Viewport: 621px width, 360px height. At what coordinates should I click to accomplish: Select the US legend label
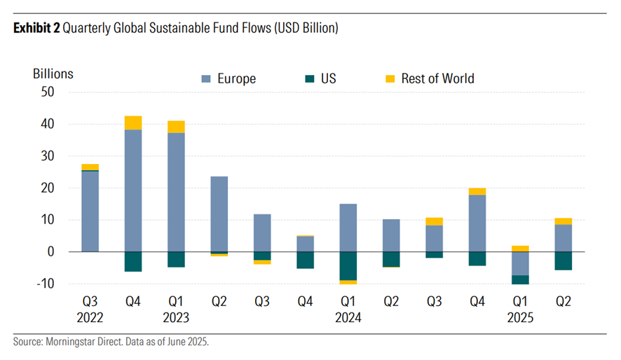point(328,78)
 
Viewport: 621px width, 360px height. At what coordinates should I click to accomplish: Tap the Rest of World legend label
point(437,78)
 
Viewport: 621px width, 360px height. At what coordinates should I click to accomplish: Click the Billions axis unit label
point(53,73)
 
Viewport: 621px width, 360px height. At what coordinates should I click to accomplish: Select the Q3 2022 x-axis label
point(90,309)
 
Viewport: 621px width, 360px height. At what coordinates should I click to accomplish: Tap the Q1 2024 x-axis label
point(348,309)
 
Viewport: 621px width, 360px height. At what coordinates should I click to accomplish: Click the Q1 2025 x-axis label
point(519,309)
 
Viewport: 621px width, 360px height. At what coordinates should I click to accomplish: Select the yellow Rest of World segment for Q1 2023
point(176,127)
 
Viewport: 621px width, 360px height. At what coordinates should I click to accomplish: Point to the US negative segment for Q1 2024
point(348,265)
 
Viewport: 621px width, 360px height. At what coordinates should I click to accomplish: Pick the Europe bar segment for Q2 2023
point(219,214)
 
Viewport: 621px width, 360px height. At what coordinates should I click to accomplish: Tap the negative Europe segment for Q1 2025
point(519,263)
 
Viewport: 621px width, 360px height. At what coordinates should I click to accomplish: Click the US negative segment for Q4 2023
point(305,260)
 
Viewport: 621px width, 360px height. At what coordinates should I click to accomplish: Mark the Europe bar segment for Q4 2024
point(477,223)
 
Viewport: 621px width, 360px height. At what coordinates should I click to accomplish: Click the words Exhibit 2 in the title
point(36,29)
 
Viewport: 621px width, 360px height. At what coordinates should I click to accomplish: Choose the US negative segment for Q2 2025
point(563,261)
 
